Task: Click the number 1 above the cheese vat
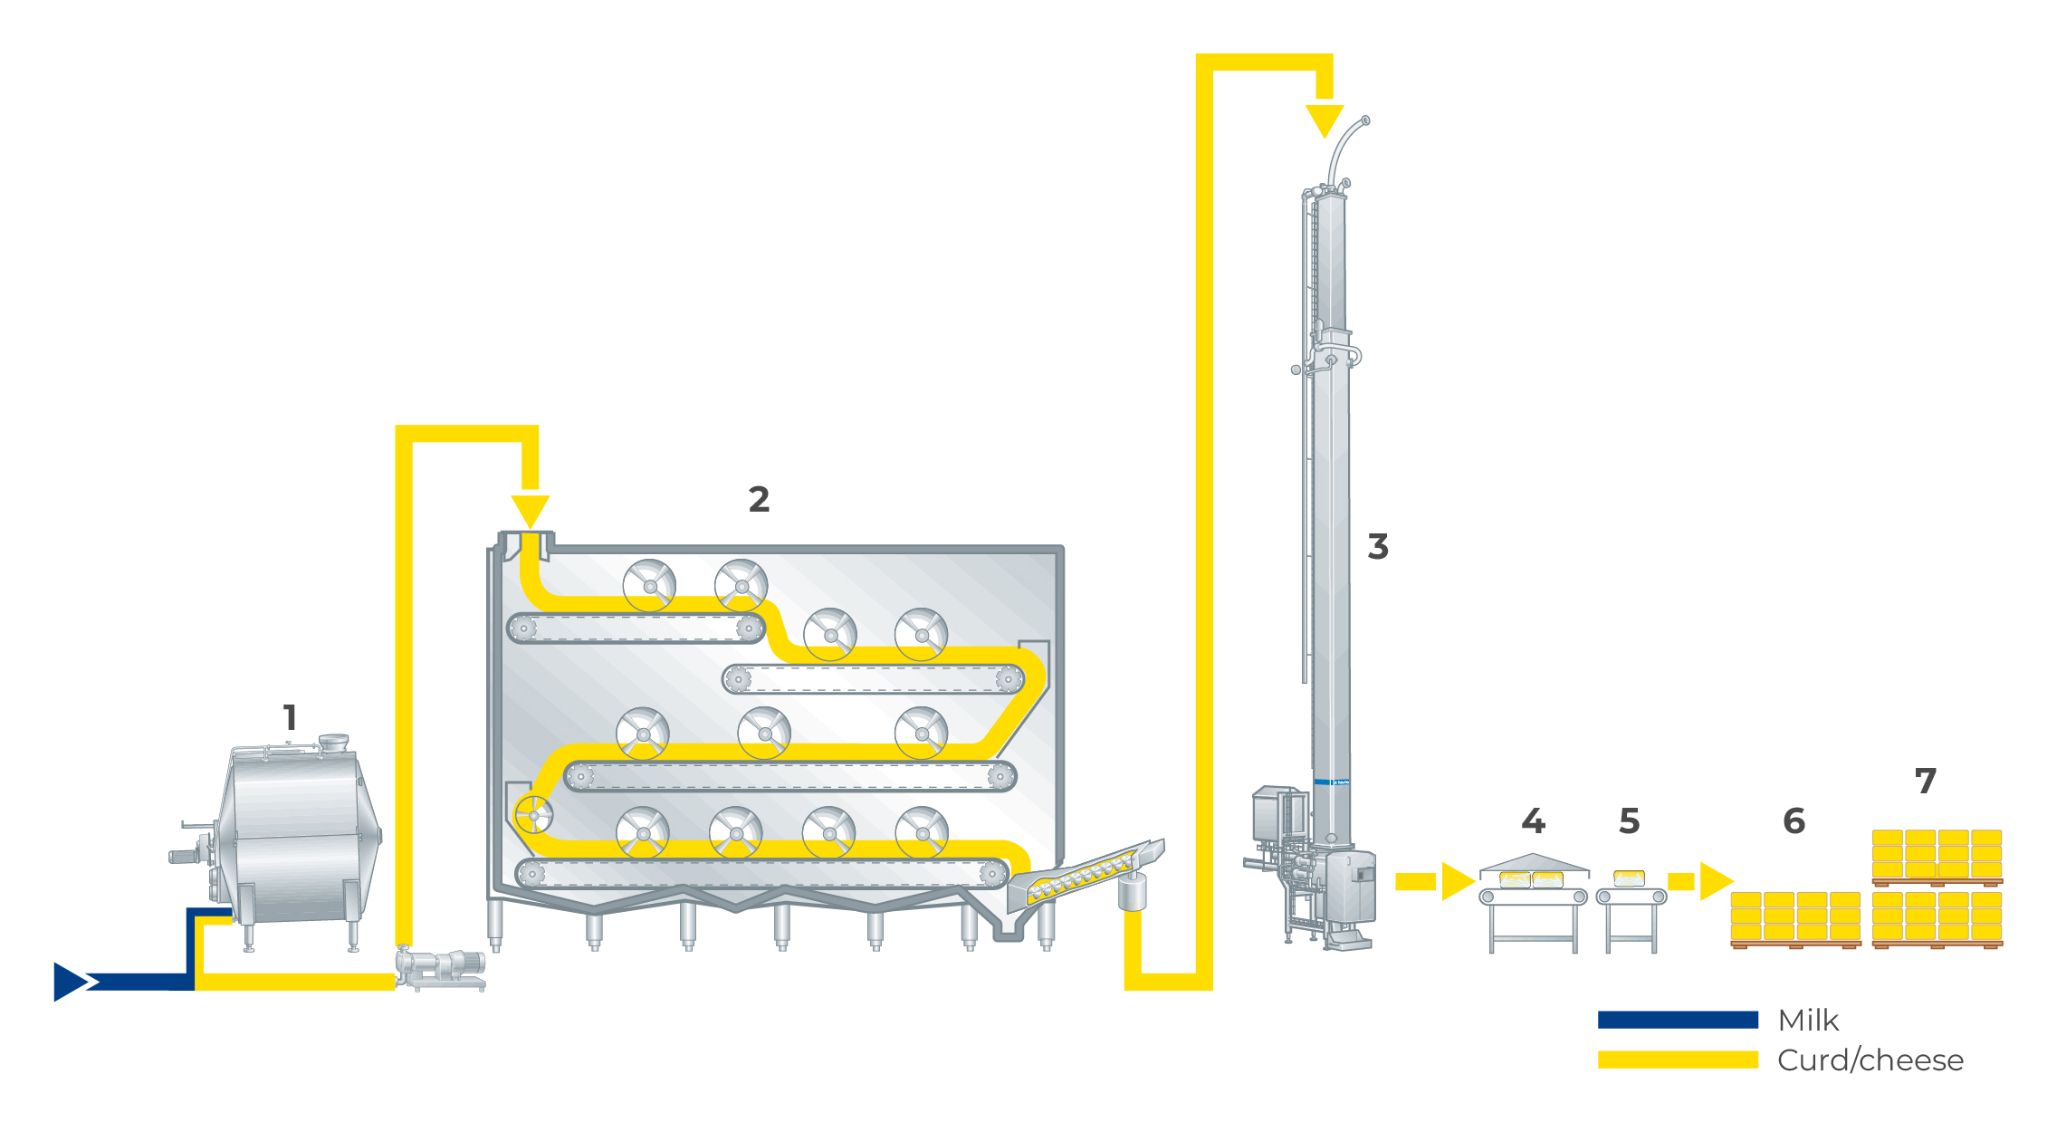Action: click(290, 717)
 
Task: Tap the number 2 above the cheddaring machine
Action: click(759, 499)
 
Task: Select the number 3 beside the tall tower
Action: click(1377, 546)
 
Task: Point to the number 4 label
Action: click(1533, 820)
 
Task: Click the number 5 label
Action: click(1629, 820)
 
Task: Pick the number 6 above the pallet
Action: click(1794, 820)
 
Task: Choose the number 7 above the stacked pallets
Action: click(1925, 781)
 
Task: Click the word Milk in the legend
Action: click(1808, 1021)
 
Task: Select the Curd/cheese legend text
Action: click(1870, 1060)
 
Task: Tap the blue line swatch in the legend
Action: click(1677, 1020)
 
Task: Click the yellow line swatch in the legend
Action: click(1677, 1060)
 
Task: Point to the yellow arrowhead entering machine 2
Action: click(530, 511)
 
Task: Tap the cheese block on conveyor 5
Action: click(1629, 878)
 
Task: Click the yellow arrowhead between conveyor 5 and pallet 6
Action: click(1715, 881)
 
